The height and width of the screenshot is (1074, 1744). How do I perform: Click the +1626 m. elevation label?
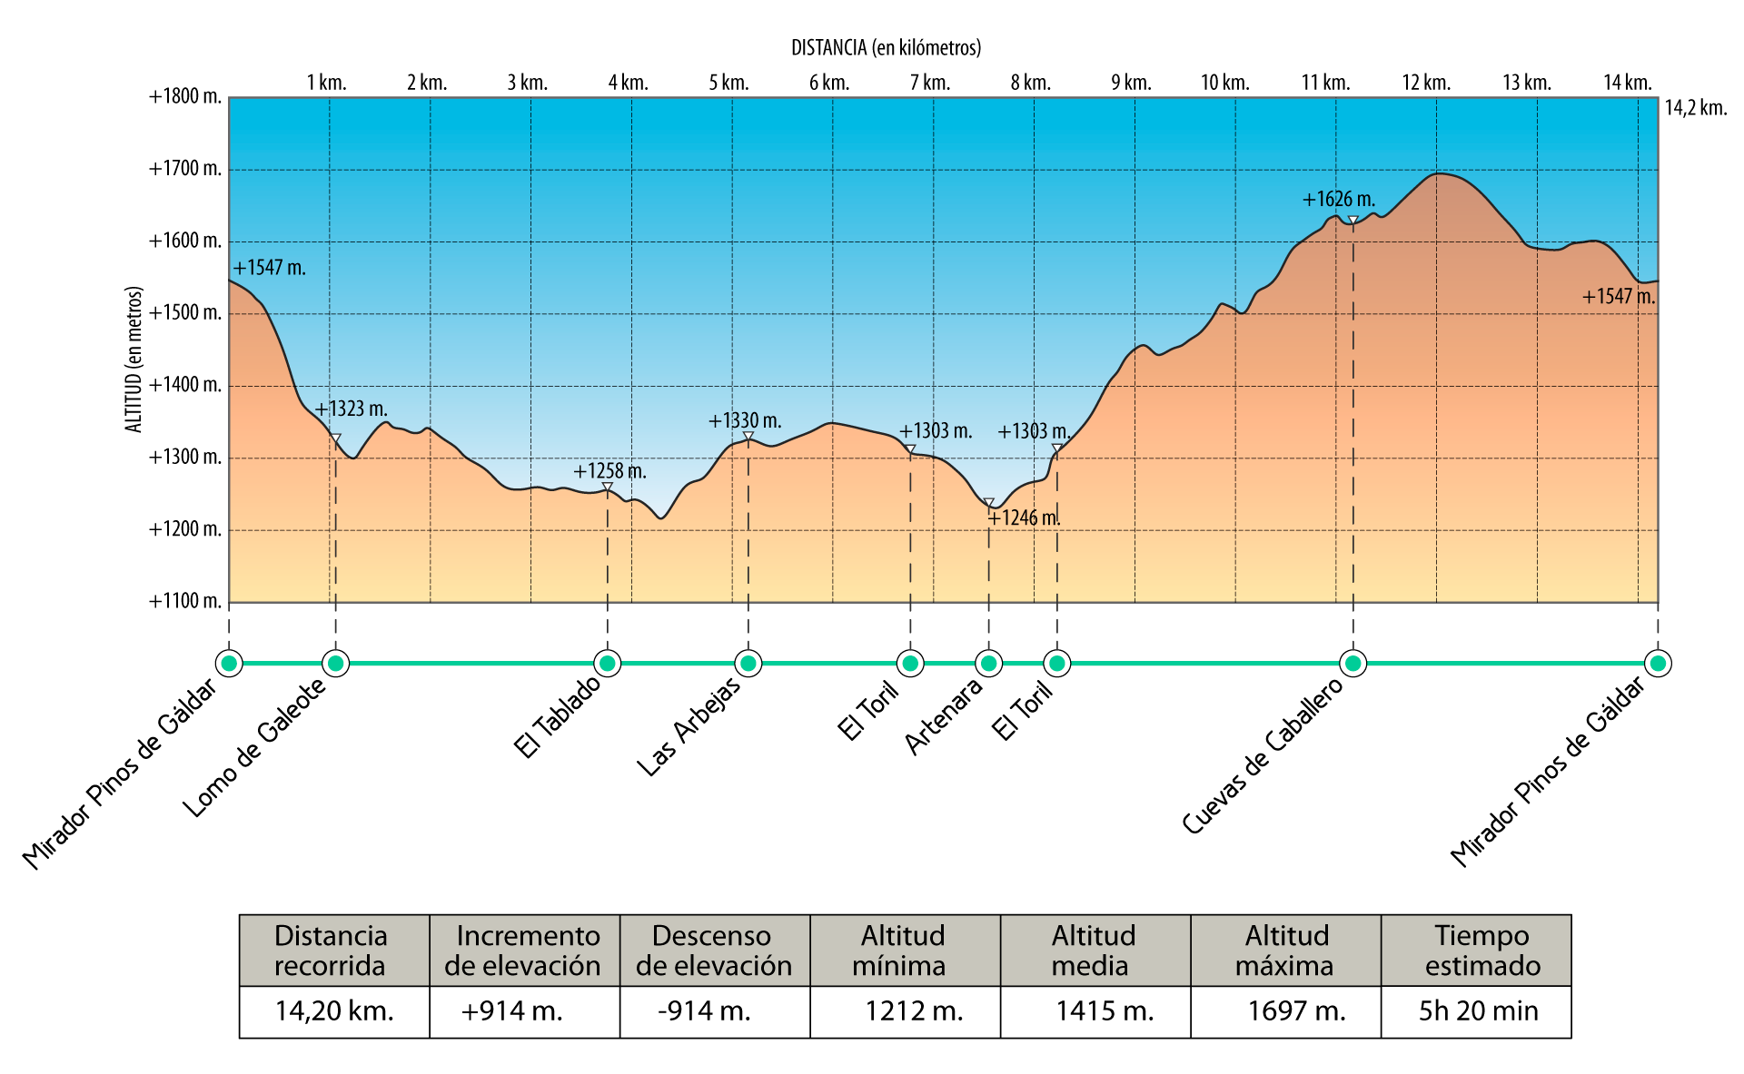click(1338, 200)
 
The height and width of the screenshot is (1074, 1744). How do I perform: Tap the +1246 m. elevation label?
click(1024, 518)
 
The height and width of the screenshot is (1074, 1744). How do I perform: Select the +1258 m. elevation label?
click(609, 471)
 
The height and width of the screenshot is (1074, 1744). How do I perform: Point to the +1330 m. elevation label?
click(745, 421)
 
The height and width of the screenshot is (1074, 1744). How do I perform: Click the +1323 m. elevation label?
click(351, 409)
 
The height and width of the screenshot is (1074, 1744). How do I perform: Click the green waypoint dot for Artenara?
click(988, 664)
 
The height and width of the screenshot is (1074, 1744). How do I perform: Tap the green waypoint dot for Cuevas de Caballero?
click(1353, 664)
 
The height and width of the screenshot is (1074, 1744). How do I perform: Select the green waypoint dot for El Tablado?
click(607, 664)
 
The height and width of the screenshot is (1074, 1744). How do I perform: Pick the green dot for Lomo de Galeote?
click(335, 664)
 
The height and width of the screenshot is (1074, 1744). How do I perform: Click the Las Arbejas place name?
click(688, 727)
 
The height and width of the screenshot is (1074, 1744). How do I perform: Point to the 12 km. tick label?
click(1426, 84)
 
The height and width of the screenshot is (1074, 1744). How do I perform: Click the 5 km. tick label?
click(728, 84)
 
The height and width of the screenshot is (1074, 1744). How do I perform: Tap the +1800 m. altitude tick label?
click(185, 97)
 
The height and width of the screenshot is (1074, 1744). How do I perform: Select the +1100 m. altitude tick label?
click(185, 601)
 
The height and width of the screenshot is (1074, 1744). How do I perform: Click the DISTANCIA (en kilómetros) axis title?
click(886, 48)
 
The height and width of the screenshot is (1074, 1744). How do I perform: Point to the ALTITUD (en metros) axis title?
click(134, 360)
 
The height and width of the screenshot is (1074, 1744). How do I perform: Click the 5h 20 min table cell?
click(1478, 1011)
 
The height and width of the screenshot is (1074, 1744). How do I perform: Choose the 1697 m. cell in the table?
click(1296, 1011)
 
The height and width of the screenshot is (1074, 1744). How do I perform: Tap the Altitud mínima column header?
click(903, 951)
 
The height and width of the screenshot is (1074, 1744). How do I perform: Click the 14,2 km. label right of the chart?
click(1696, 109)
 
